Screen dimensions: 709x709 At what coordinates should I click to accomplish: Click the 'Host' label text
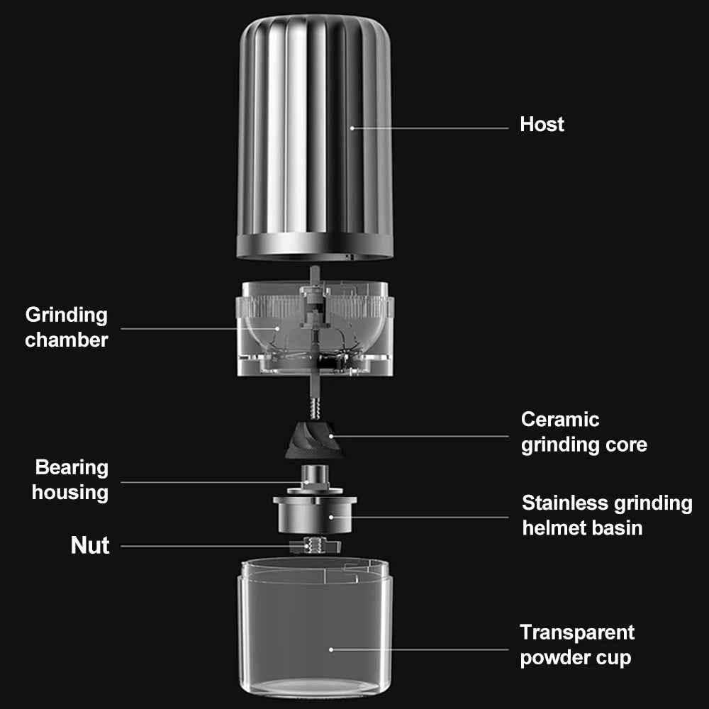click(542, 124)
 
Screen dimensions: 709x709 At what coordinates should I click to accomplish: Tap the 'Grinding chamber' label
click(67, 327)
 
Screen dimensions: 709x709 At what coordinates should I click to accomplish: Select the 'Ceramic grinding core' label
click(584, 432)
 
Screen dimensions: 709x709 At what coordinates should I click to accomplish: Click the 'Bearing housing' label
click(71, 479)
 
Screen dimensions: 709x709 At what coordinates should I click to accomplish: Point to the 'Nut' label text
click(90, 545)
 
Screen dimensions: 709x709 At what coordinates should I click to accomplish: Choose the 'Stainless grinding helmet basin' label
click(606, 515)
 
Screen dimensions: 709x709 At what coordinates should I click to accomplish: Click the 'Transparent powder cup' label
click(576, 644)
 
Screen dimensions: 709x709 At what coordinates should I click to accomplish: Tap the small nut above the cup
click(315, 545)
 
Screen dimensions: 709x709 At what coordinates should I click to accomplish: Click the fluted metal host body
click(315, 121)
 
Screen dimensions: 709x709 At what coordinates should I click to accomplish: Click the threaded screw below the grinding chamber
click(315, 408)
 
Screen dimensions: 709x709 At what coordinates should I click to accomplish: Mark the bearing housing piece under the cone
click(315, 478)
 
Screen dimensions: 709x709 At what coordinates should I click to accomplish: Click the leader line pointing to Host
click(432, 128)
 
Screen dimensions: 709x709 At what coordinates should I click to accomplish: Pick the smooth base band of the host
click(315, 245)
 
